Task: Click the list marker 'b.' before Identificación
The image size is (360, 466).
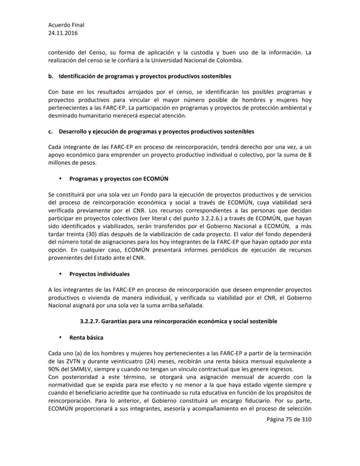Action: [x=51, y=76]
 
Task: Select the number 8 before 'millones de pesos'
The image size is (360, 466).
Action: [x=309, y=154]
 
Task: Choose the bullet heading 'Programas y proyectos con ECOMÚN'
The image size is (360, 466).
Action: [x=119, y=178]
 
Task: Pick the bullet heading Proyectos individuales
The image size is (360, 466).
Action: [x=100, y=274]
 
